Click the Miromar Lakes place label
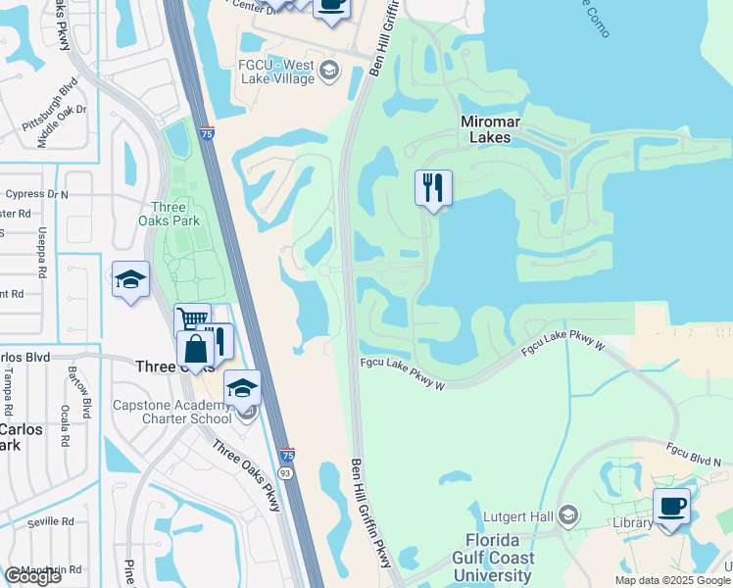coord(485,129)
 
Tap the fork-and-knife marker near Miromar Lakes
coord(433,187)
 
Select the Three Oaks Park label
coord(174,215)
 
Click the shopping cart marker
coord(193,319)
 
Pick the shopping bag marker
coord(195,349)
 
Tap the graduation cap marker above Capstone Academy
coord(242,388)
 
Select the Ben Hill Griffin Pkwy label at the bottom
coord(371,511)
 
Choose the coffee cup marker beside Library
coord(671,507)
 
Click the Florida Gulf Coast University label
coord(500,558)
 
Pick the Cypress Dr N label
coord(35,194)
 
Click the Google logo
coord(32,575)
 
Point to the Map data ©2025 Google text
coord(673,580)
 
